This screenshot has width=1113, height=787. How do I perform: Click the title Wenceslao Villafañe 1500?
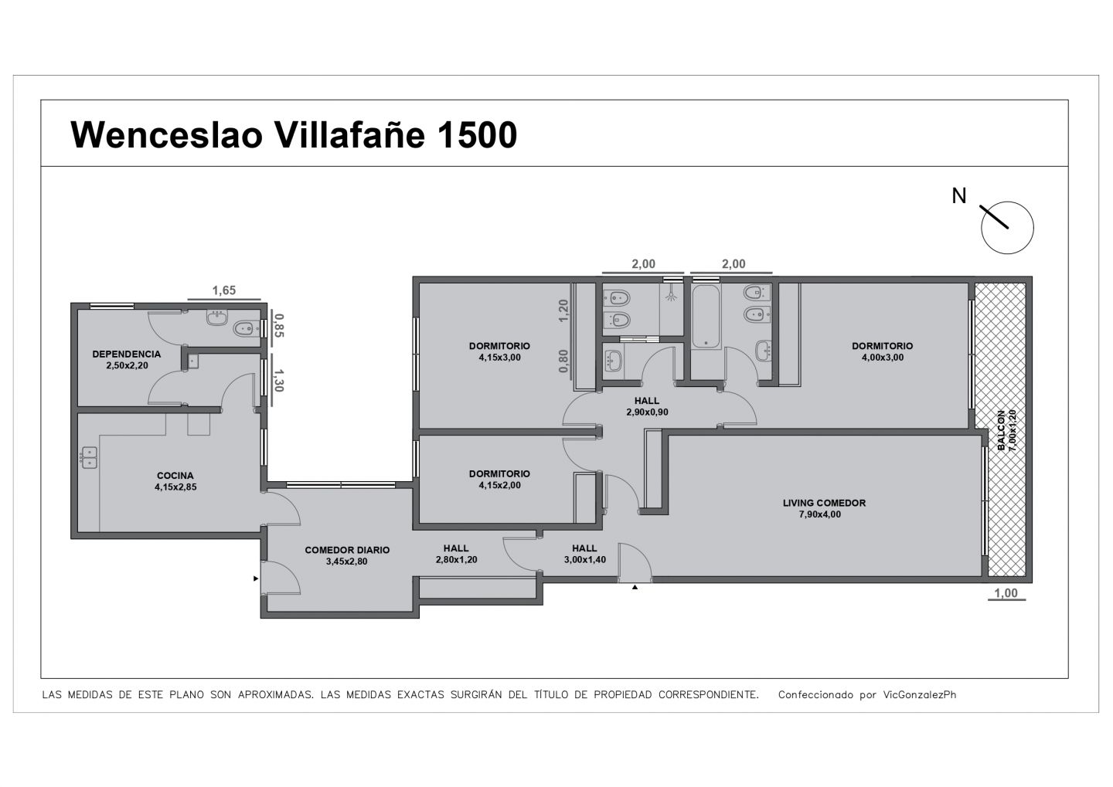294,134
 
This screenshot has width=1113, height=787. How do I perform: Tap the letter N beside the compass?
959,196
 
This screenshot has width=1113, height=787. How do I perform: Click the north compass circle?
1007,228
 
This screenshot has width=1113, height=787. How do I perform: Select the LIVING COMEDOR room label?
824,503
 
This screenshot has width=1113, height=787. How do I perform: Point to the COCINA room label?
175,476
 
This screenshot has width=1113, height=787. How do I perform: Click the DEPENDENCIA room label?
127,354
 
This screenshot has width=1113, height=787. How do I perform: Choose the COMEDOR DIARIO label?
347,550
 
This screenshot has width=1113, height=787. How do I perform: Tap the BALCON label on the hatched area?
1001,430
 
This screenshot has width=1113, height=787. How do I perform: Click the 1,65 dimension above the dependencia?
224,290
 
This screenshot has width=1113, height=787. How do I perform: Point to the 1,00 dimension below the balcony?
1006,593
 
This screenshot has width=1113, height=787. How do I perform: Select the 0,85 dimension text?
279,325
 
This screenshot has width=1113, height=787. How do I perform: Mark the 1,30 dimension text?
279,380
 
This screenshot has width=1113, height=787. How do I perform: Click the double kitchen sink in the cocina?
90,457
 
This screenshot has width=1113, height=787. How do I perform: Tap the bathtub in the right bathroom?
706,317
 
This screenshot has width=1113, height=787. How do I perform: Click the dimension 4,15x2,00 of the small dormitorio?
499,485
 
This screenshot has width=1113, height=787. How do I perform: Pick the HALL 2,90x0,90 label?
647,406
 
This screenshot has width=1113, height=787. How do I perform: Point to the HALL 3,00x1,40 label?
584,554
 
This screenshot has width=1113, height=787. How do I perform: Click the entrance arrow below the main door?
635,587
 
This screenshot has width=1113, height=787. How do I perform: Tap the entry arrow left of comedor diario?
256,578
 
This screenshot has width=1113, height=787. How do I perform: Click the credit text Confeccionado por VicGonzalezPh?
867,694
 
